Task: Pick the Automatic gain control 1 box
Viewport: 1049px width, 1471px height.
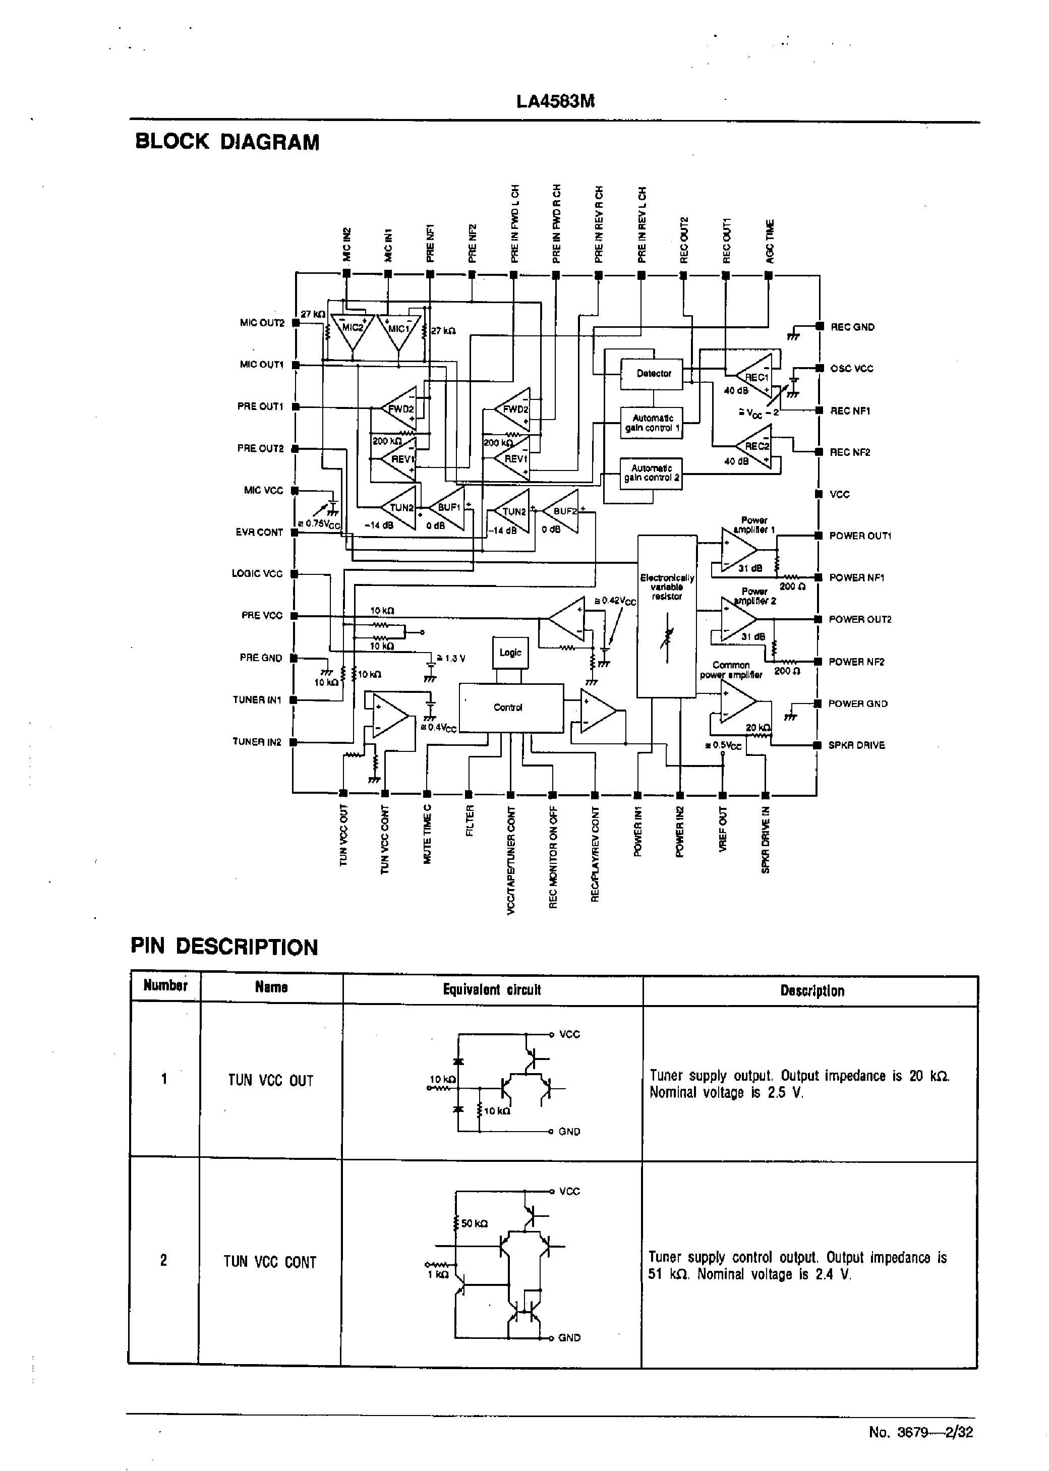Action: click(651, 423)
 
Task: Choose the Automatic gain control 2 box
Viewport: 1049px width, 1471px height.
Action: click(651, 474)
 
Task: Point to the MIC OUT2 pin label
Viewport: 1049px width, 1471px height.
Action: click(262, 323)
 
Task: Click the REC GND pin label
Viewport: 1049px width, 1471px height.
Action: click(852, 327)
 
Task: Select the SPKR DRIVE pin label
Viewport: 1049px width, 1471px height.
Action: click(856, 745)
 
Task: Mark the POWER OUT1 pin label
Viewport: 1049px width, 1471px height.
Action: click(860, 536)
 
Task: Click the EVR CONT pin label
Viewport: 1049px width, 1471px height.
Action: click(259, 533)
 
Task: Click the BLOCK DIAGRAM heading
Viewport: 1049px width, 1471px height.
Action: click(227, 142)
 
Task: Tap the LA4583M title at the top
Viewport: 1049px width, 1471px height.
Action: click(555, 101)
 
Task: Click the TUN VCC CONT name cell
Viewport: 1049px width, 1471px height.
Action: click(270, 1262)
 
